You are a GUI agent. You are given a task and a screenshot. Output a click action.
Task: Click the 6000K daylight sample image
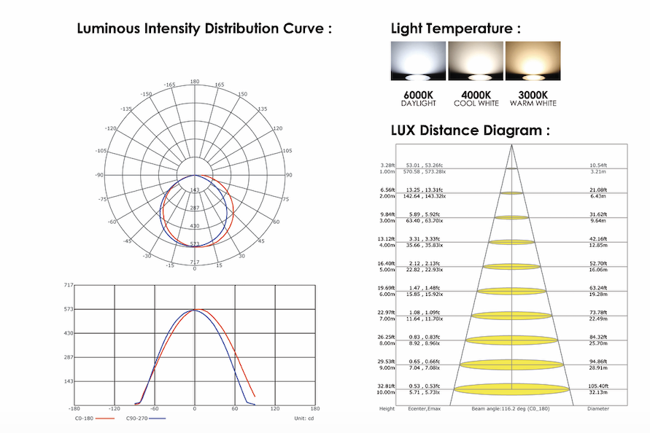418,61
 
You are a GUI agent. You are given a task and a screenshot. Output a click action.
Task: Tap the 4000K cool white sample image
476,61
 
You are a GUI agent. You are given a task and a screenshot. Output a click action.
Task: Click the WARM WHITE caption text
533,104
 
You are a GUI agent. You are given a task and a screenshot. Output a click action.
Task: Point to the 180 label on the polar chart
195,82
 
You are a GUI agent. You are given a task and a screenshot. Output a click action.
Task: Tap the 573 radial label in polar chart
195,244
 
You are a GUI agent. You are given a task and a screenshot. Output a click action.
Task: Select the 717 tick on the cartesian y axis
69,286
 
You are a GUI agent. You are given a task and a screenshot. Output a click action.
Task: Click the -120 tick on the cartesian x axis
114,409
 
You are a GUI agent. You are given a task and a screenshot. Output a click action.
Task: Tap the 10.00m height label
387,392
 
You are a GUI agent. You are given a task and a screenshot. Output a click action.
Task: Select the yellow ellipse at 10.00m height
511,388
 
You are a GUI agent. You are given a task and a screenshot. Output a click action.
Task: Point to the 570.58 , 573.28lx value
427,172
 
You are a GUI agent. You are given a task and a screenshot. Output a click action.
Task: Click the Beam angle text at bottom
511,408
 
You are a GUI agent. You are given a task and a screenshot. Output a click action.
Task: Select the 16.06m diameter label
598,269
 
